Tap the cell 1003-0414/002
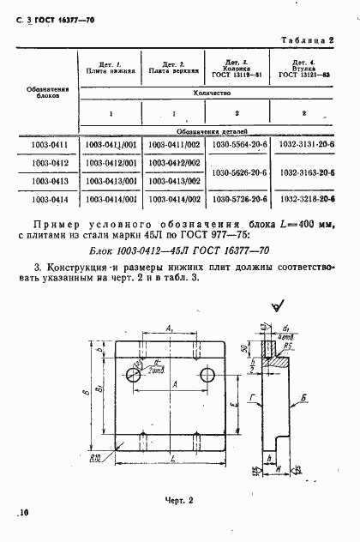click(x=174, y=198)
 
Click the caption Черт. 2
click(x=179, y=499)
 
